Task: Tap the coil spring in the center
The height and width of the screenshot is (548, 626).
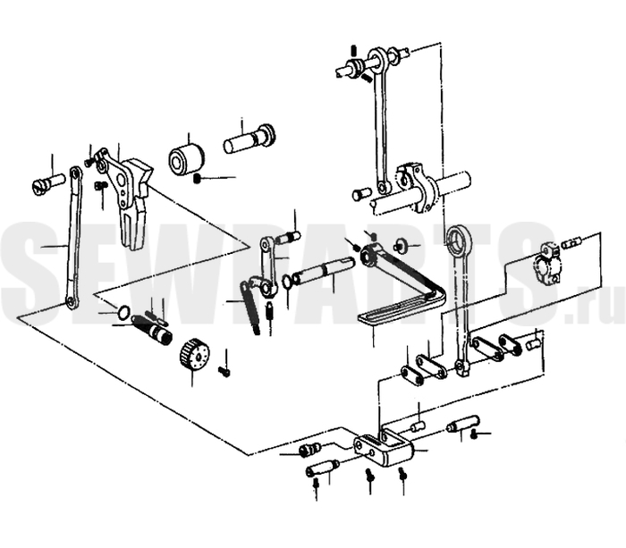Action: (x=250, y=307)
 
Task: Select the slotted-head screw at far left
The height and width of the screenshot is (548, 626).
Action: (x=47, y=182)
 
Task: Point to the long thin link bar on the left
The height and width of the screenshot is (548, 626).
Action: (x=73, y=239)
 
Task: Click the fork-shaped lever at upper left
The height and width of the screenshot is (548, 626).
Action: (x=126, y=196)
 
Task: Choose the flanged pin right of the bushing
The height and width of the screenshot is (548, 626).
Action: (x=250, y=138)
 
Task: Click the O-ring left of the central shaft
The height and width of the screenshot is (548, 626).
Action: (x=287, y=281)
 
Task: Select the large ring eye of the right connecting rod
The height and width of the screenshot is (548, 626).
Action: (x=459, y=242)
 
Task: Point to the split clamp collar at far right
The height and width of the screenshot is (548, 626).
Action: (x=547, y=262)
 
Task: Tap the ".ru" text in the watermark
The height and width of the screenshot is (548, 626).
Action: (x=594, y=307)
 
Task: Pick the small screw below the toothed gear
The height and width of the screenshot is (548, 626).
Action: (x=224, y=371)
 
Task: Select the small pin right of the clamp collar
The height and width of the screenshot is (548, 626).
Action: (x=572, y=242)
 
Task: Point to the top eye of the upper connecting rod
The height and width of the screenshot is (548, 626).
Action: (x=376, y=58)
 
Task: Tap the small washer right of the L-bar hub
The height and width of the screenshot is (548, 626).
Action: (x=400, y=245)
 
